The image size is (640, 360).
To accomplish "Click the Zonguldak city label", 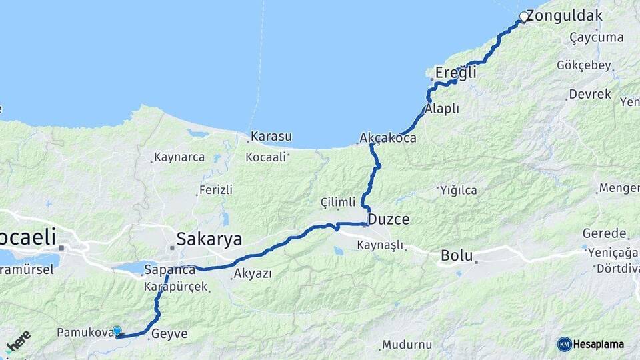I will tap(565, 15).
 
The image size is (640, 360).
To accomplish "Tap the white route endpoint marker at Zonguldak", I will tap(524, 17).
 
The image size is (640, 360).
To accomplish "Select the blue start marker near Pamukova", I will tap(117, 331).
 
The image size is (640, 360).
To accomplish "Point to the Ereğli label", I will tap(455, 72).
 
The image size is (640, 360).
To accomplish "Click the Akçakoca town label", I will tap(388, 138).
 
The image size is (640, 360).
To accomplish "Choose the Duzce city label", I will tap(389, 219).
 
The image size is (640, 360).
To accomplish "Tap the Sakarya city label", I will tap(209, 239).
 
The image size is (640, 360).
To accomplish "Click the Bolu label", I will tap(457, 255).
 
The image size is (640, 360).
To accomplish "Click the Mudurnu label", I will tap(405, 345).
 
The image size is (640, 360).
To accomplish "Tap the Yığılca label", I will tap(459, 190).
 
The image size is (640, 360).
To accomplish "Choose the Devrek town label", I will tap(591, 94).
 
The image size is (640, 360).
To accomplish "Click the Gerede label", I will tap(605, 233).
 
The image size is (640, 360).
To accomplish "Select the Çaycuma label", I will tap(597, 37).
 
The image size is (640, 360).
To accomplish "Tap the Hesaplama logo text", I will tap(599, 344).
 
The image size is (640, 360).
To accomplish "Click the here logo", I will tap(18, 341).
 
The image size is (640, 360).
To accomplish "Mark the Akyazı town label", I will tap(253, 273).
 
